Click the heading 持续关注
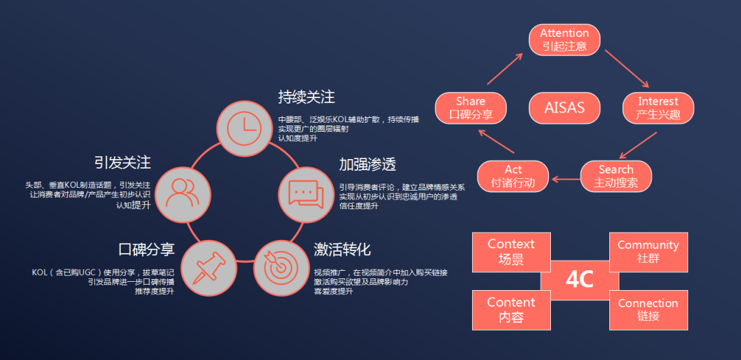tap(306, 96)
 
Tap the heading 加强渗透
tap(367, 165)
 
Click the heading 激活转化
tap(342, 248)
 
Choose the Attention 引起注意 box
tap(564, 40)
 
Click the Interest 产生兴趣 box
tap(658, 108)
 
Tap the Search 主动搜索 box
tap(615, 176)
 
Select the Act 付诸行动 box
tap(513, 176)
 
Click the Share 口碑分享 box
tap(471, 108)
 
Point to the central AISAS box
tap(564, 108)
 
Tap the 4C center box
tap(579, 280)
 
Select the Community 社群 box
tap(648, 252)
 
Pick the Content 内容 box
tap(511, 310)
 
